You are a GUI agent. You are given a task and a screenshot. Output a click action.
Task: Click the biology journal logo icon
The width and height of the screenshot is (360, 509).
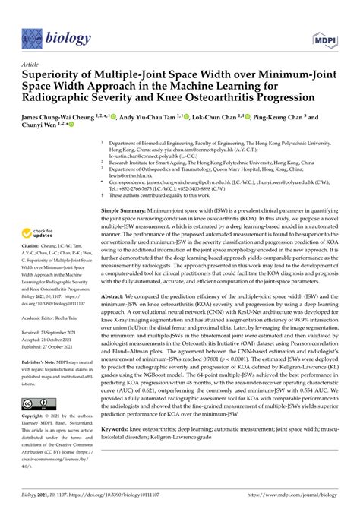33,36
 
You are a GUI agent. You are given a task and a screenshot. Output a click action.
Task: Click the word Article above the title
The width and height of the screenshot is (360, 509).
33,66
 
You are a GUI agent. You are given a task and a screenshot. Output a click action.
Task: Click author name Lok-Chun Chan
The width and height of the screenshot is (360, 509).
231,120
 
